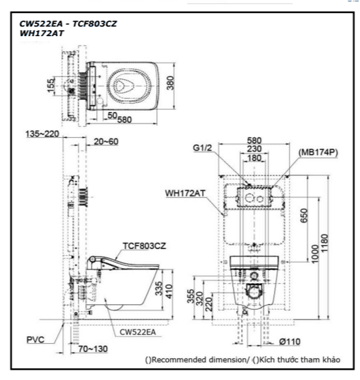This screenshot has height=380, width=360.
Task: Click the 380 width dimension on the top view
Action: pyautogui.click(x=171, y=83)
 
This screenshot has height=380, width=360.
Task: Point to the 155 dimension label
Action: pyautogui.click(x=51, y=85)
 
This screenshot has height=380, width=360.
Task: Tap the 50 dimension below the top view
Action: pyautogui.click(x=112, y=115)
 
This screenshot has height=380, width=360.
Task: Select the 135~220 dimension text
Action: pyautogui.click(x=42, y=134)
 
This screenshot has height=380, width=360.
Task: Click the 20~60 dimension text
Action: pyautogui.click(x=106, y=141)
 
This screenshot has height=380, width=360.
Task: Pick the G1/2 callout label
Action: pyautogui.click(x=202, y=148)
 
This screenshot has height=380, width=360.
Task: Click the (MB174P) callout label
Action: pyautogui.click(x=318, y=152)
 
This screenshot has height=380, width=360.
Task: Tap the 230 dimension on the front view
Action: pyautogui.click(x=254, y=149)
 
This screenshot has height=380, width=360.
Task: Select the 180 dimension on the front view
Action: pyautogui.click(x=254, y=158)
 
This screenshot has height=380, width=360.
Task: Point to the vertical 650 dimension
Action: pyautogui.click(x=304, y=216)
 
